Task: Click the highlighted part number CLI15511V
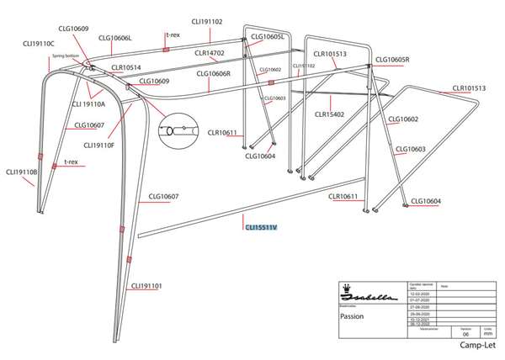coord(261,225)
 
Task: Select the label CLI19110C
coord(36,43)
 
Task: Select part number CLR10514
coord(126,67)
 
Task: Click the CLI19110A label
coord(88,104)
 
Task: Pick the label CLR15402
coord(329,114)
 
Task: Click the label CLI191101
coord(146,286)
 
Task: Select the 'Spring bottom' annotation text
coord(65,55)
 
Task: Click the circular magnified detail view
coord(180,128)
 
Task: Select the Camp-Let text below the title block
coord(476,346)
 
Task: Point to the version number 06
coord(465,333)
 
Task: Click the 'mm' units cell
coord(487,333)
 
